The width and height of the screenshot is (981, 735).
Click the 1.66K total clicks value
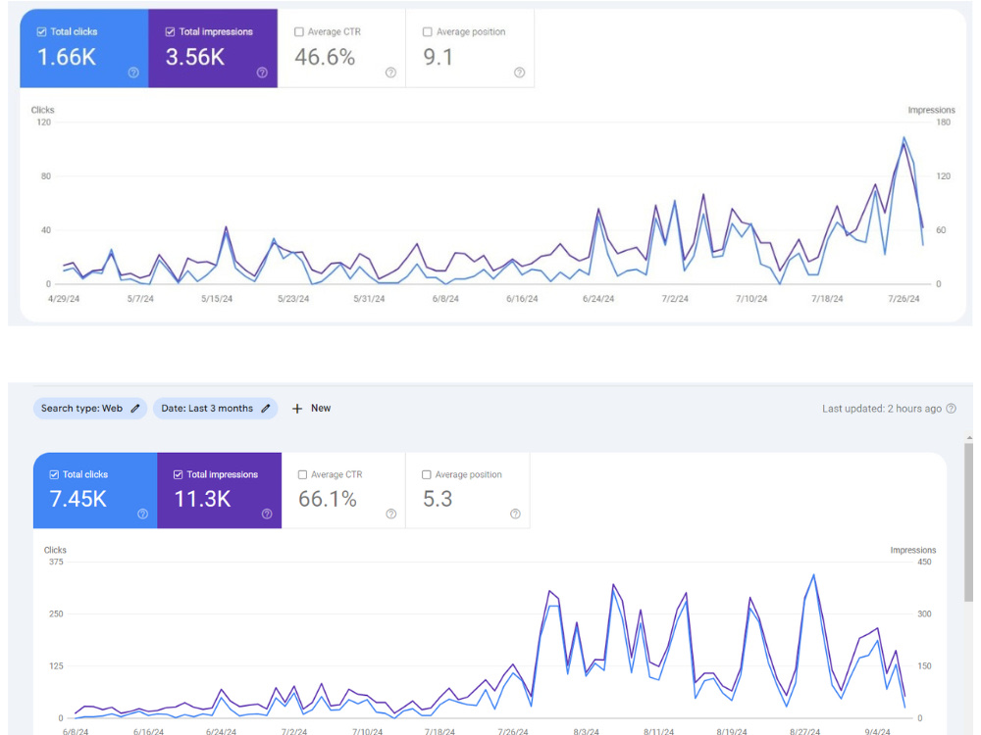tap(67, 58)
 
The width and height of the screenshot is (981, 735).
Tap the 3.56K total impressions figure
tap(195, 58)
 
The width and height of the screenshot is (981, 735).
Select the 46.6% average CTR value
tap(325, 58)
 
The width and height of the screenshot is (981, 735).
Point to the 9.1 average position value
tap(438, 58)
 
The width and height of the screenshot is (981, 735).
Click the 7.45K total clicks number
tap(78, 499)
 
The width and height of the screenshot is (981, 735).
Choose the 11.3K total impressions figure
tap(202, 499)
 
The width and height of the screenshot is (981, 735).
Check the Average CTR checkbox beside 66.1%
tap(303, 475)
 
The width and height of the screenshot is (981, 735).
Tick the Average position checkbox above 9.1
tap(428, 32)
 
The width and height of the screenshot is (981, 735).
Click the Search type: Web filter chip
tap(90, 408)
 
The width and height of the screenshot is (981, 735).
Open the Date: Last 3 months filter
tap(215, 408)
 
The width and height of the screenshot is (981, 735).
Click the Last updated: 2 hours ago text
tap(882, 409)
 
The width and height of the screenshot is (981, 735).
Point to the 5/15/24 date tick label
tap(217, 299)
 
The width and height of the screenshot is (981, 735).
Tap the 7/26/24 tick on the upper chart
tap(904, 299)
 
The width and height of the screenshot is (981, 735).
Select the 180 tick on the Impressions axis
tap(943, 122)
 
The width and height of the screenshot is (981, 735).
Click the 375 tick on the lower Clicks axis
tap(56, 562)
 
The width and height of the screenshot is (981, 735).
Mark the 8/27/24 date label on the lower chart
tap(804, 731)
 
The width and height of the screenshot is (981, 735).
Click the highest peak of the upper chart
tap(904, 137)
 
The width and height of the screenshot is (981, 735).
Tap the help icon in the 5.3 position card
tap(516, 514)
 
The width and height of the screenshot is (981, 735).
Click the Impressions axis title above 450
tap(912, 550)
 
